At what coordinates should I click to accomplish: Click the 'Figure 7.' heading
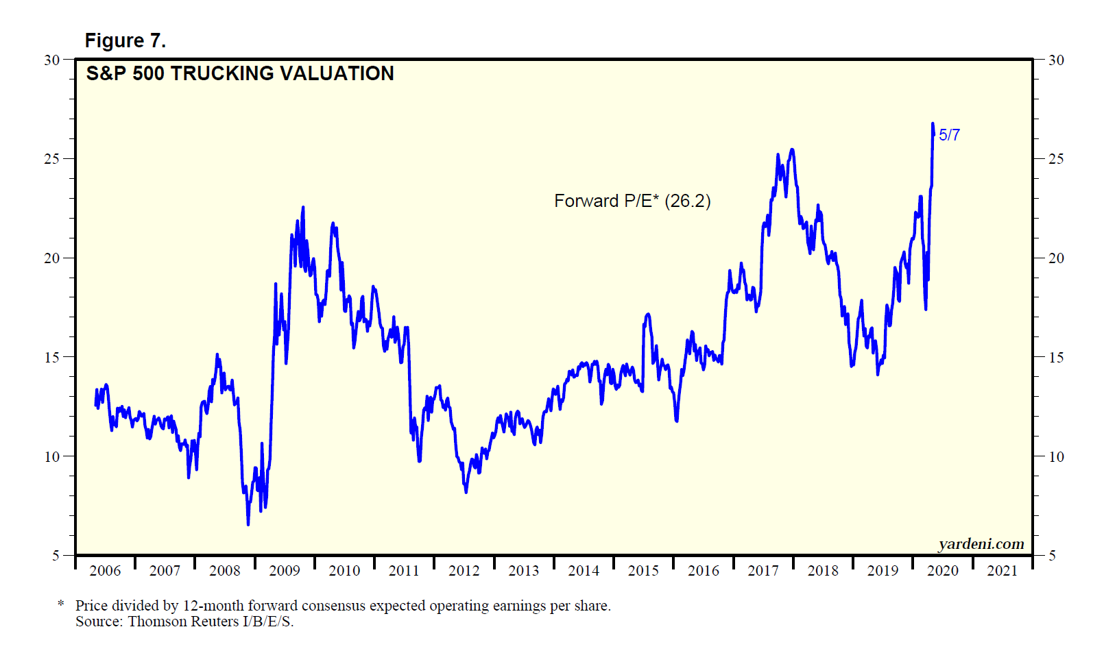click(x=125, y=41)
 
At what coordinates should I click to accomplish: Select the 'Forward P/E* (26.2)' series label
click(x=632, y=201)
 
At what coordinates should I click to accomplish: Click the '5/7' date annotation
click(x=949, y=135)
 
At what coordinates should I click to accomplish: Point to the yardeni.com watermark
click(x=981, y=544)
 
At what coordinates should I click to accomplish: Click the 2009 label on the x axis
click(x=285, y=571)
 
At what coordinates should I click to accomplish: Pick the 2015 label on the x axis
click(x=643, y=571)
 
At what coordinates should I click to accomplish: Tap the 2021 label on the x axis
click(x=1002, y=571)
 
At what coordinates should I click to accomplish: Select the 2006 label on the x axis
click(x=105, y=571)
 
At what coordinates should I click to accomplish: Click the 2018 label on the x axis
click(x=823, y=571)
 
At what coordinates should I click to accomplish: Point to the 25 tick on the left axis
click(x=52, y=159)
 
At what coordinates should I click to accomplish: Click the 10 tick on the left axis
click(x=52, y=456)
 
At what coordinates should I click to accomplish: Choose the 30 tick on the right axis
click(x=1056, y=60)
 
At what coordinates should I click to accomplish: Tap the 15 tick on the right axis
click(x=1056, y=357)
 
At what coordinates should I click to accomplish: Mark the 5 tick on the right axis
click(x=1052, y=556)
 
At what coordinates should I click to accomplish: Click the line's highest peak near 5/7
click(x=933, y=124)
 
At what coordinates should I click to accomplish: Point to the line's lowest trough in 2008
click(x=248, y=524)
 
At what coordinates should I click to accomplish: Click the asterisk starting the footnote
click(x=61, y=604)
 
